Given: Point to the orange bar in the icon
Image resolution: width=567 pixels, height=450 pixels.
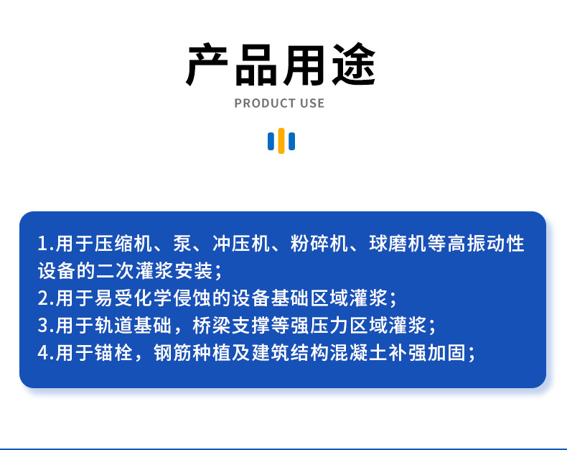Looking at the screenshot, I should coord(281,141).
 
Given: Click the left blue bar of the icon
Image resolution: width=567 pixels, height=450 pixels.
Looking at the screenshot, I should coord(271,141).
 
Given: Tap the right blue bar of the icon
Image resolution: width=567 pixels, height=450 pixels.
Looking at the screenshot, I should coord(291,141).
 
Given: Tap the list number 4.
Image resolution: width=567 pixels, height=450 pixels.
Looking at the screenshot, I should coord(42,353).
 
